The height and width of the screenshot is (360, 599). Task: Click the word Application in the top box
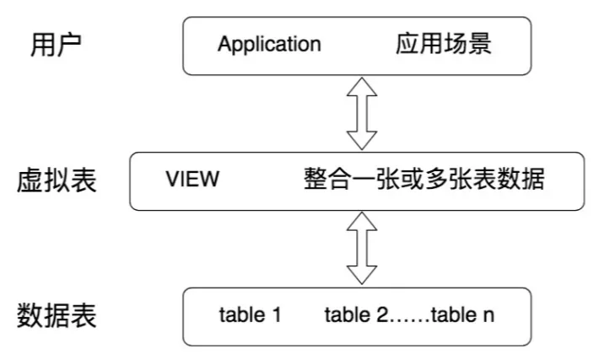pos(269,45)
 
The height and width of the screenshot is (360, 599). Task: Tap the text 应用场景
pos(444,44)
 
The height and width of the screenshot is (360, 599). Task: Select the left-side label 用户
pos(56,45)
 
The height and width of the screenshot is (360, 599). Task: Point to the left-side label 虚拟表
pos(57,180)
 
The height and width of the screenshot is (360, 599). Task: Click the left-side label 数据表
pos(57,315)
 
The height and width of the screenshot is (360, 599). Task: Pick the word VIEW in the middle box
pos(192,179)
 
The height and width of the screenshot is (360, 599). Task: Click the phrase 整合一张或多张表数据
pos(424,179)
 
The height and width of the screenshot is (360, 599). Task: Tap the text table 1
pos(251,315)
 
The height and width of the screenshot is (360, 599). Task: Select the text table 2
pos(356,315)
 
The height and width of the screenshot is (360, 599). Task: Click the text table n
pos(462,315)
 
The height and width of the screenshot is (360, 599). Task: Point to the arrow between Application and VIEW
pos(362,113)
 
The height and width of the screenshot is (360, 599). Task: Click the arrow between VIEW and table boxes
pos(362,248)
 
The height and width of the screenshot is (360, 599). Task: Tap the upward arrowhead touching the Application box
pos(362,86)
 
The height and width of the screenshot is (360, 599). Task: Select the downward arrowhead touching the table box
pos(362,276)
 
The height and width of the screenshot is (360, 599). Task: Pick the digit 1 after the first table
pos(277,315)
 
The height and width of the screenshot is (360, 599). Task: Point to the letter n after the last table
pos(489,317)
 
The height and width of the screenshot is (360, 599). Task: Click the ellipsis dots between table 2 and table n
pos(409,321)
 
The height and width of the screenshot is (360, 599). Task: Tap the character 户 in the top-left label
pos(69,45)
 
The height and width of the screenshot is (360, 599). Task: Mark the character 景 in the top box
pos(480,44)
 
